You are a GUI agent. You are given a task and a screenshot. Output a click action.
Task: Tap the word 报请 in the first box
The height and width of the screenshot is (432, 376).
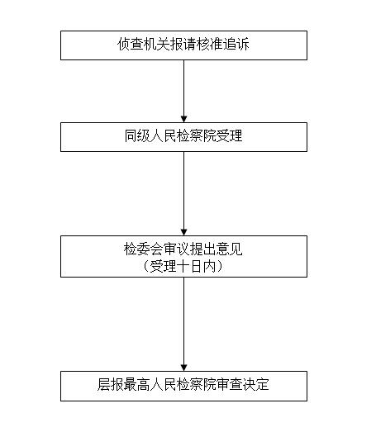tap(183, 45)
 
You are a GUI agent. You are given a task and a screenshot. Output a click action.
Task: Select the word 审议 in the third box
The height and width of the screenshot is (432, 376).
tap(176, 249)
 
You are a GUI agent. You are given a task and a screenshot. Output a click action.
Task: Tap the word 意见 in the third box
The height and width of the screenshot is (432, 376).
tap(230, 249)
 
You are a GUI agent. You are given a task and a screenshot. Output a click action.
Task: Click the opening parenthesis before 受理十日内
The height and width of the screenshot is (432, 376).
tap(146, 267)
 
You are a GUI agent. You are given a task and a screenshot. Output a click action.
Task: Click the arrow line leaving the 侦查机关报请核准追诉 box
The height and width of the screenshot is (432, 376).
tap(183, 91)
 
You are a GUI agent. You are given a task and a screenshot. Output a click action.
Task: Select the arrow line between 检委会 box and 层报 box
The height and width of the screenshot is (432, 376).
tap(183, 324)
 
